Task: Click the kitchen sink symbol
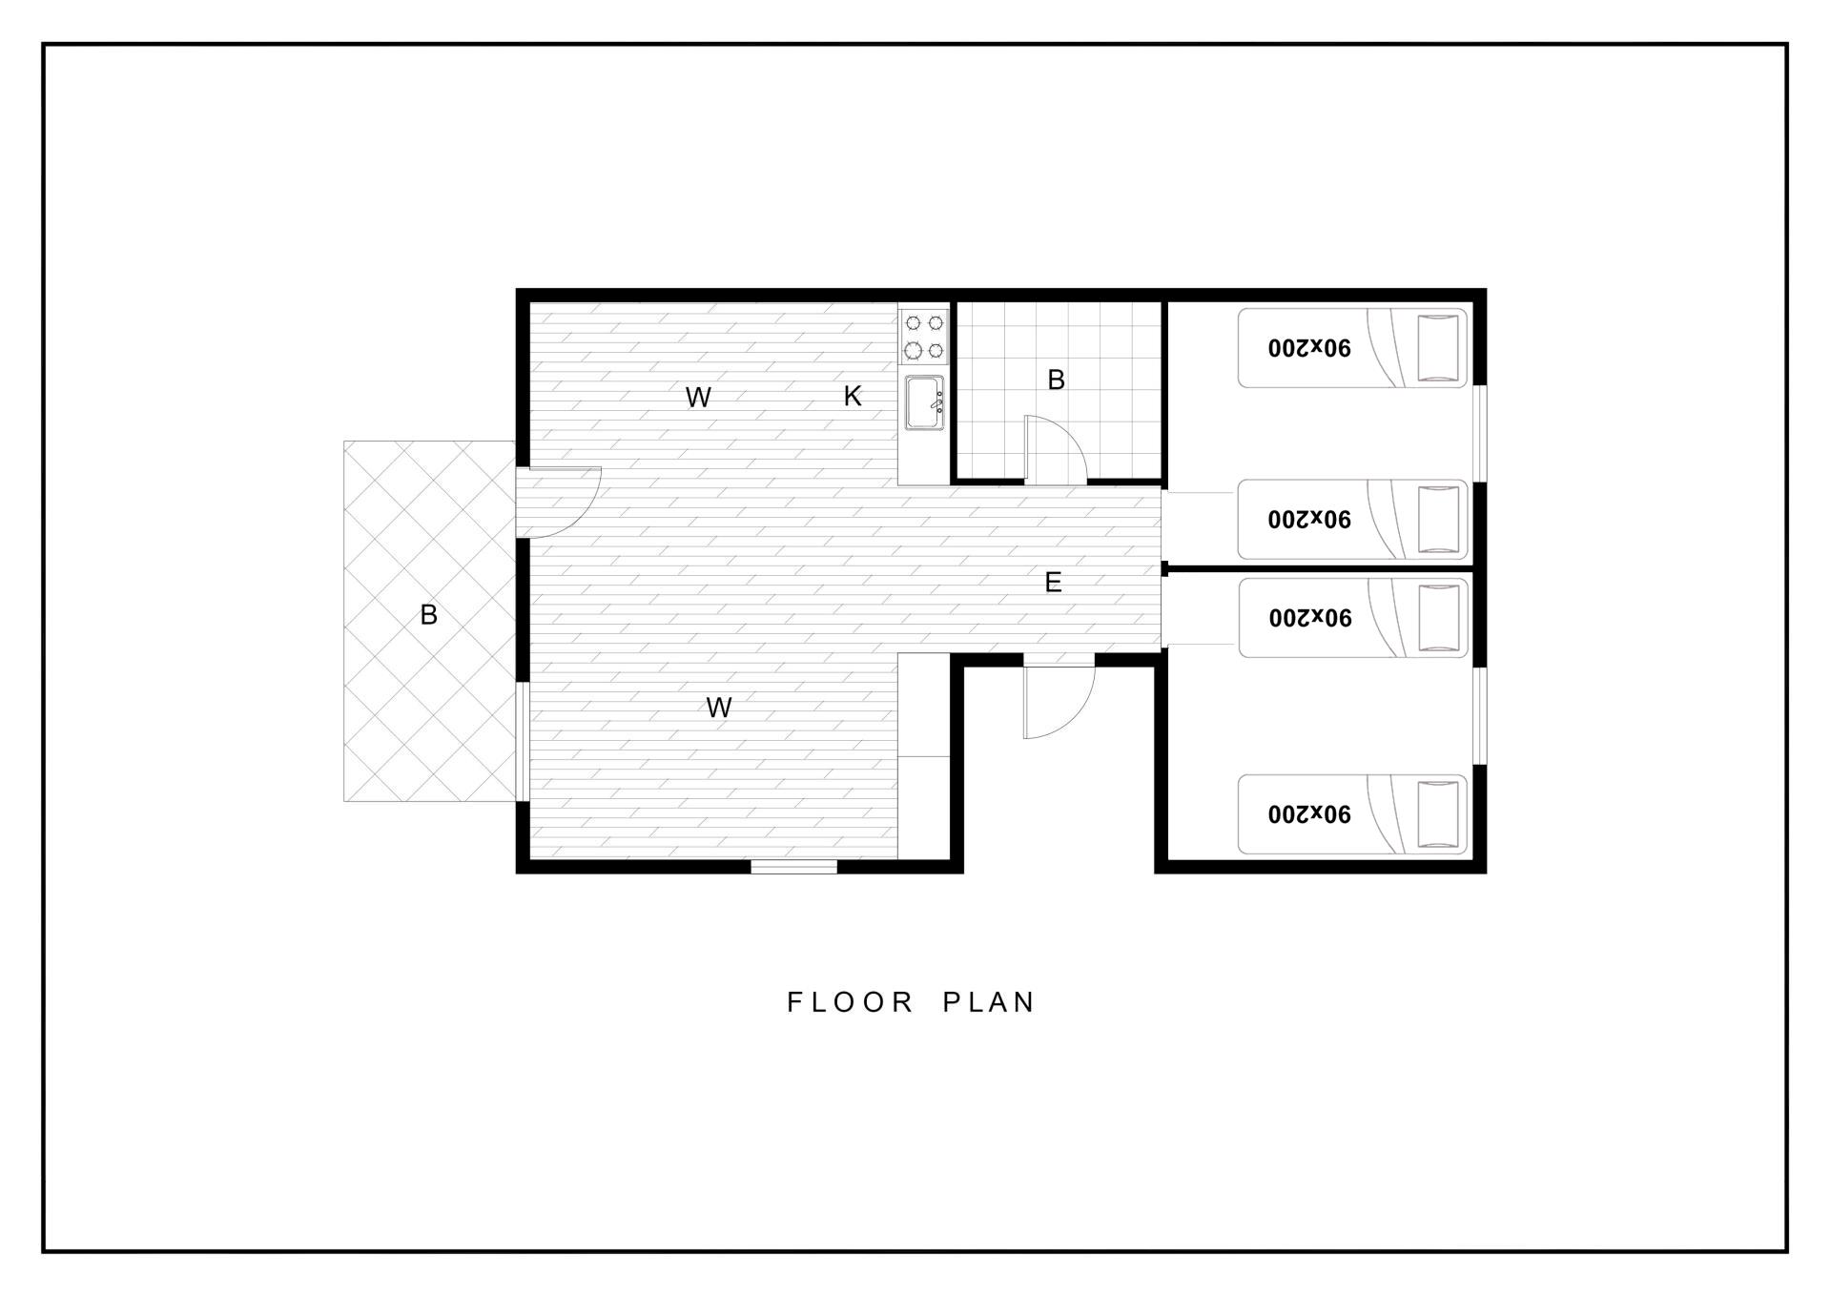(924, 402)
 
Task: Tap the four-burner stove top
(924, 337)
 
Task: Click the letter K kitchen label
(853, 397)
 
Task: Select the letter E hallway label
(1053, 582)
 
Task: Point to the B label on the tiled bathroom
(1056, 380)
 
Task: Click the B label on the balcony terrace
(428, 615)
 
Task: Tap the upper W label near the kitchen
(698, 398)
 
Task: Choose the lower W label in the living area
(719, 708)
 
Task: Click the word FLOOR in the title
(851, 1002)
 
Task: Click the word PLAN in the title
(989, 1002)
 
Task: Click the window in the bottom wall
(793, 867)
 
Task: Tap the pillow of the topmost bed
(1438, 348)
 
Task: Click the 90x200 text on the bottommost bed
(1309, 814)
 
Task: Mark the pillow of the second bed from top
(1438, 520)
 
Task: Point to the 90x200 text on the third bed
(1310, 618)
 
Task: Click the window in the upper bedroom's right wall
(1480, 433)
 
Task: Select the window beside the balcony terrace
(522, 741)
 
